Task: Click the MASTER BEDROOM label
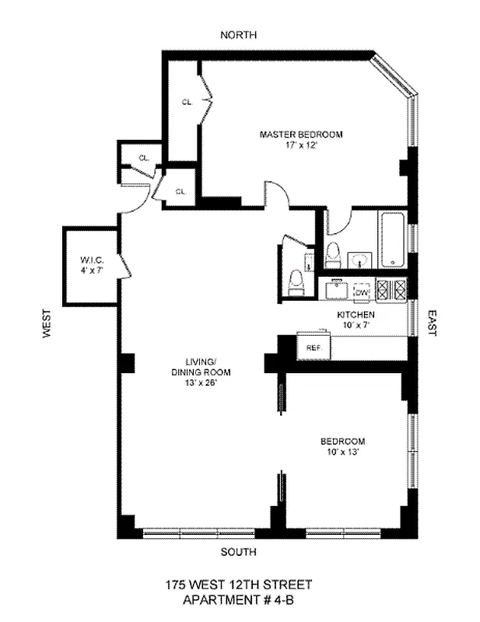point(301,134)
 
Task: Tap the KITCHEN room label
point(356,314)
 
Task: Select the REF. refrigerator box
point(314,347)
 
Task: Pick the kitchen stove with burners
point(391,290)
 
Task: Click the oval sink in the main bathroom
point(360,259)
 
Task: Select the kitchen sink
point(336,290)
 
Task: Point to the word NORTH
point(239,35)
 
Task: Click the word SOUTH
point(238,552)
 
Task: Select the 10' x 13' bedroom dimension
point(342,453)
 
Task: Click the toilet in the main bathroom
point(334,253)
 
